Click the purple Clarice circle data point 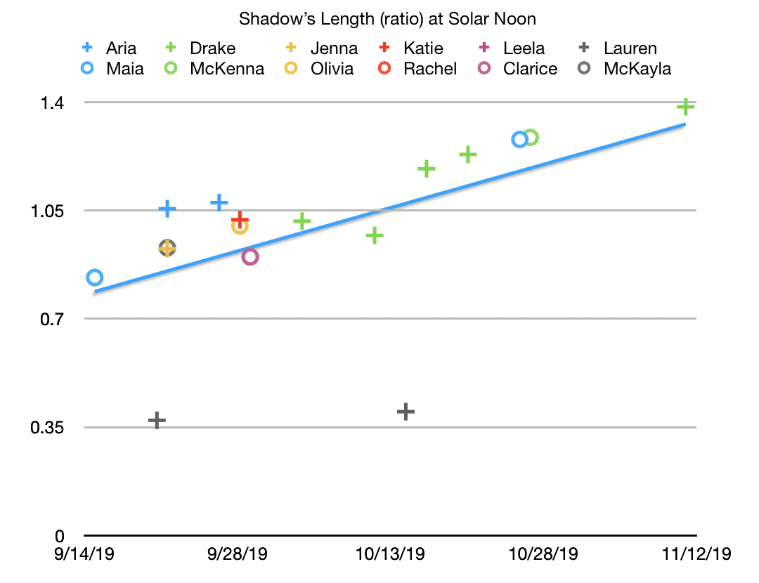pyautogui.click(x=250, y=256)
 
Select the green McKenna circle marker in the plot pyautogui.click(x=531, y=138)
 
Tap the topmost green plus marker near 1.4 pyautogui.click(x=685, y=107)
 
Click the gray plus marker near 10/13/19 pyautogui.click(x=406, y=412)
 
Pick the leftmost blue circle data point pyautogui.click(x=94, y=277)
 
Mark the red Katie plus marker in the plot pyautogui.click(x=240, y=220)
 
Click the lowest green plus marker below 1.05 pyautogui.click(x=375, y=235)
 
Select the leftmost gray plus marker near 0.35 pyautogui.click(x=157, y=421)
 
